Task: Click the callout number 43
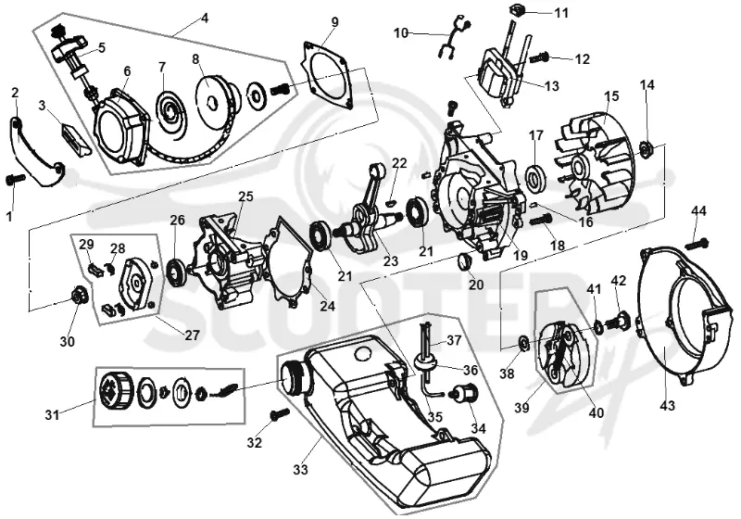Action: pyautogui.click(x=668, y=405)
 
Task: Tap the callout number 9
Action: pyautogui.click(x=335, y=21)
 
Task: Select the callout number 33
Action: pyautogui.click(x=300, y=470)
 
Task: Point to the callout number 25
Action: pyautogui.click(x=245, y=196)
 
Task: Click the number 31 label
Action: pyautogui.click(x=52, y=415)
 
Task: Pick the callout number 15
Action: pyautogui.click(x=611, y=96)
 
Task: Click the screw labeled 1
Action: pyautogui.click(x=15, y=181)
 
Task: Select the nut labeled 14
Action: pyautogui.click(x=645, y=148)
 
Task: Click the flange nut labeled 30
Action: pyautogui.click(x=76, y=296)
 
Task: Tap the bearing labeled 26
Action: pyautogui.click(x=177, y=274)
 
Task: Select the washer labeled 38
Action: pyautogui.click(x=523, y=342)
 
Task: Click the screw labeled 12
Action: pyautogui.click(x=538, y=58)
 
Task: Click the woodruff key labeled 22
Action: pyautogui.click(x=390, y=203)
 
